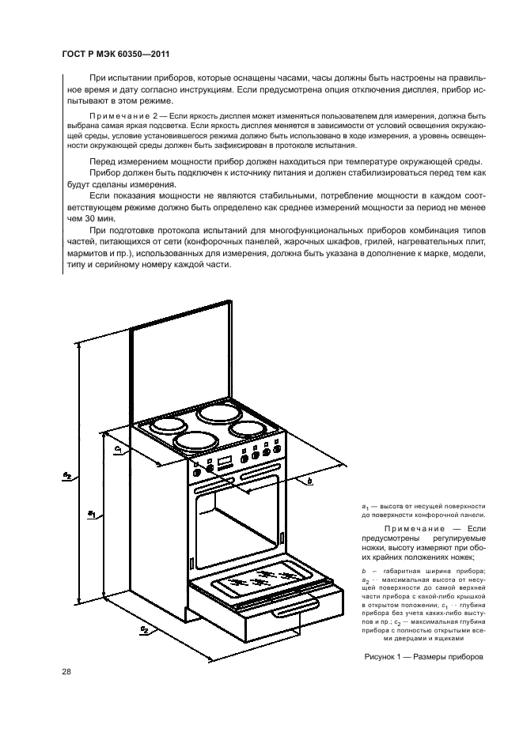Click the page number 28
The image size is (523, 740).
tap(66, 672)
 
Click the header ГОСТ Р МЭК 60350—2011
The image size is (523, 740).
tap(116, 54)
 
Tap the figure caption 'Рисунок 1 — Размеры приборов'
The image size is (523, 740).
tap(423, 657)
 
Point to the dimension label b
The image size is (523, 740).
tap(309, 481)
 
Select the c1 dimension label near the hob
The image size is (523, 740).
tap(117, 449)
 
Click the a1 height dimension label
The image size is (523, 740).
tap(92, 513)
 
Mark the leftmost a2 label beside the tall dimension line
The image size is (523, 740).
tap(68, 475)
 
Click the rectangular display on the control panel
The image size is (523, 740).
tap(224, 461)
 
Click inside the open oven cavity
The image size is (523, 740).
tap(237, 526)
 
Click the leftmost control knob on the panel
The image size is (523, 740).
tap(210, 469)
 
